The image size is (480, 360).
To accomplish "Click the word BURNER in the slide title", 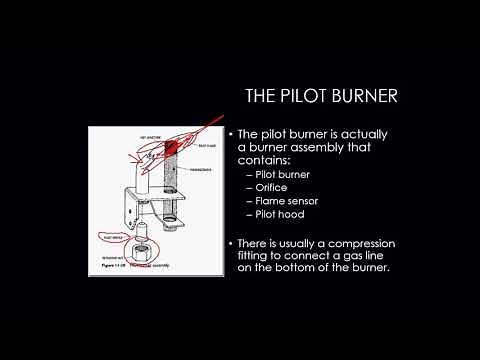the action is (365, 96).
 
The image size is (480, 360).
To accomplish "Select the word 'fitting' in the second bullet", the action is (257, 257).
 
